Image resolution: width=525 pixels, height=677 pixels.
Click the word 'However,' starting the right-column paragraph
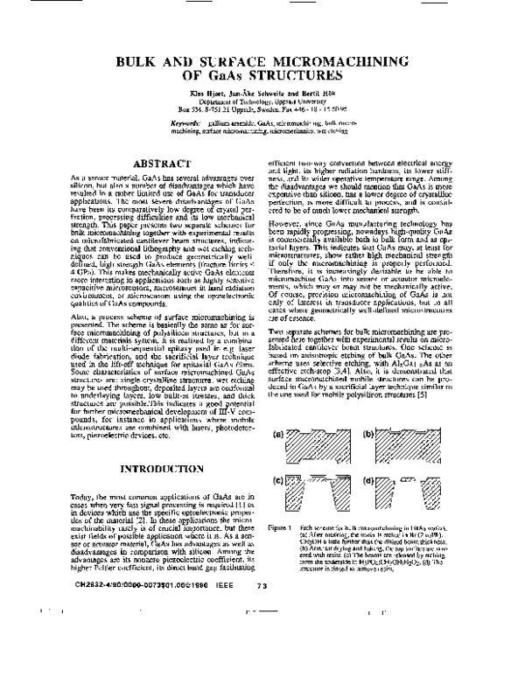pyautogui.click(x=284, y=234)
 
